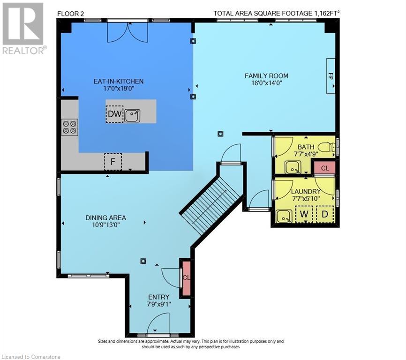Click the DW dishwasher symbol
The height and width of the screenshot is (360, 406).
click(x=114, y=114)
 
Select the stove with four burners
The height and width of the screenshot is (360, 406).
click(x=69, y=127)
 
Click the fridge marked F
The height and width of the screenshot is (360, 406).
click(x=113, y=162)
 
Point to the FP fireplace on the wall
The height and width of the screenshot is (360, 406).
click(x=331, y=76)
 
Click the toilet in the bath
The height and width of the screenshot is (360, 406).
click(x=328, y=148)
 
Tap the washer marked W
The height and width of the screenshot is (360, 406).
click(x=304, y=214)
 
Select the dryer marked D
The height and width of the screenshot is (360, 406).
click(x=325, y=214)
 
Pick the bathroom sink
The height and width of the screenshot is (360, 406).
click(x=293, y=167)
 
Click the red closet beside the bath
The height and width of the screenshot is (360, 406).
click(x=325, y=168)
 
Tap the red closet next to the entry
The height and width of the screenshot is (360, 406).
click(x=187, y=278)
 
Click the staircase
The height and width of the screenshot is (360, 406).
click(x=212, y=205)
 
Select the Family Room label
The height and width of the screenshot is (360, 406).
click(x=266, y=76)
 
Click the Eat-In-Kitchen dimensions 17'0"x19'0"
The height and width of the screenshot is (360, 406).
click(x=118, y=89)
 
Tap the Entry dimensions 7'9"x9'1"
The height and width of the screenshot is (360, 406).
click(x=159, y=304)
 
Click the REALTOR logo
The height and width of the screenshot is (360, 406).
click(x=23, y=29)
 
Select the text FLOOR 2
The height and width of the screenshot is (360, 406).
click(x=70, y=14)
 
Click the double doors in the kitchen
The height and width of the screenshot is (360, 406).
click(x=128, y=31)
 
